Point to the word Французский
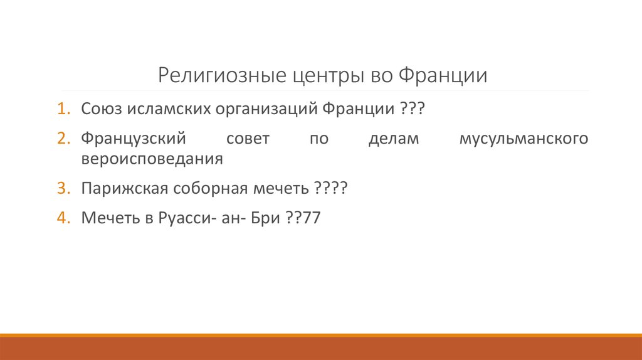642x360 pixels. (134, 139)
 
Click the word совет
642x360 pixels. (247, 139)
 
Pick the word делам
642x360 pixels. (392, 139)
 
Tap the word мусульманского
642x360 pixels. (524, 139)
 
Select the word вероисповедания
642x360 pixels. (152, 158)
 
